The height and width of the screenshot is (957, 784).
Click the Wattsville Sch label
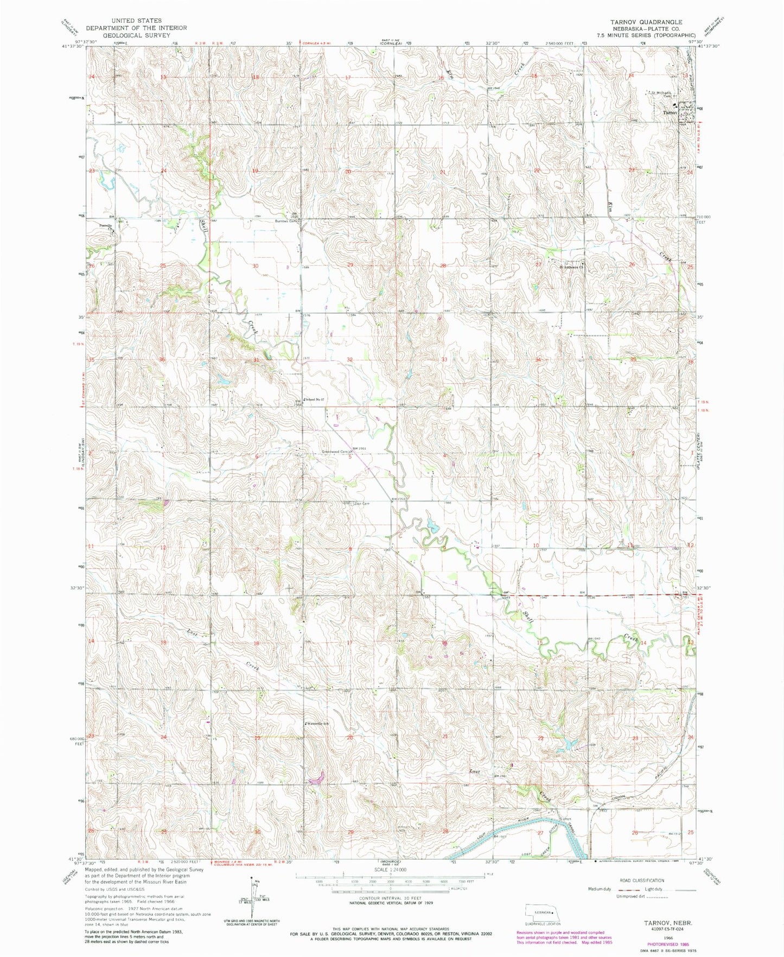click(x=318, y=724)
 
